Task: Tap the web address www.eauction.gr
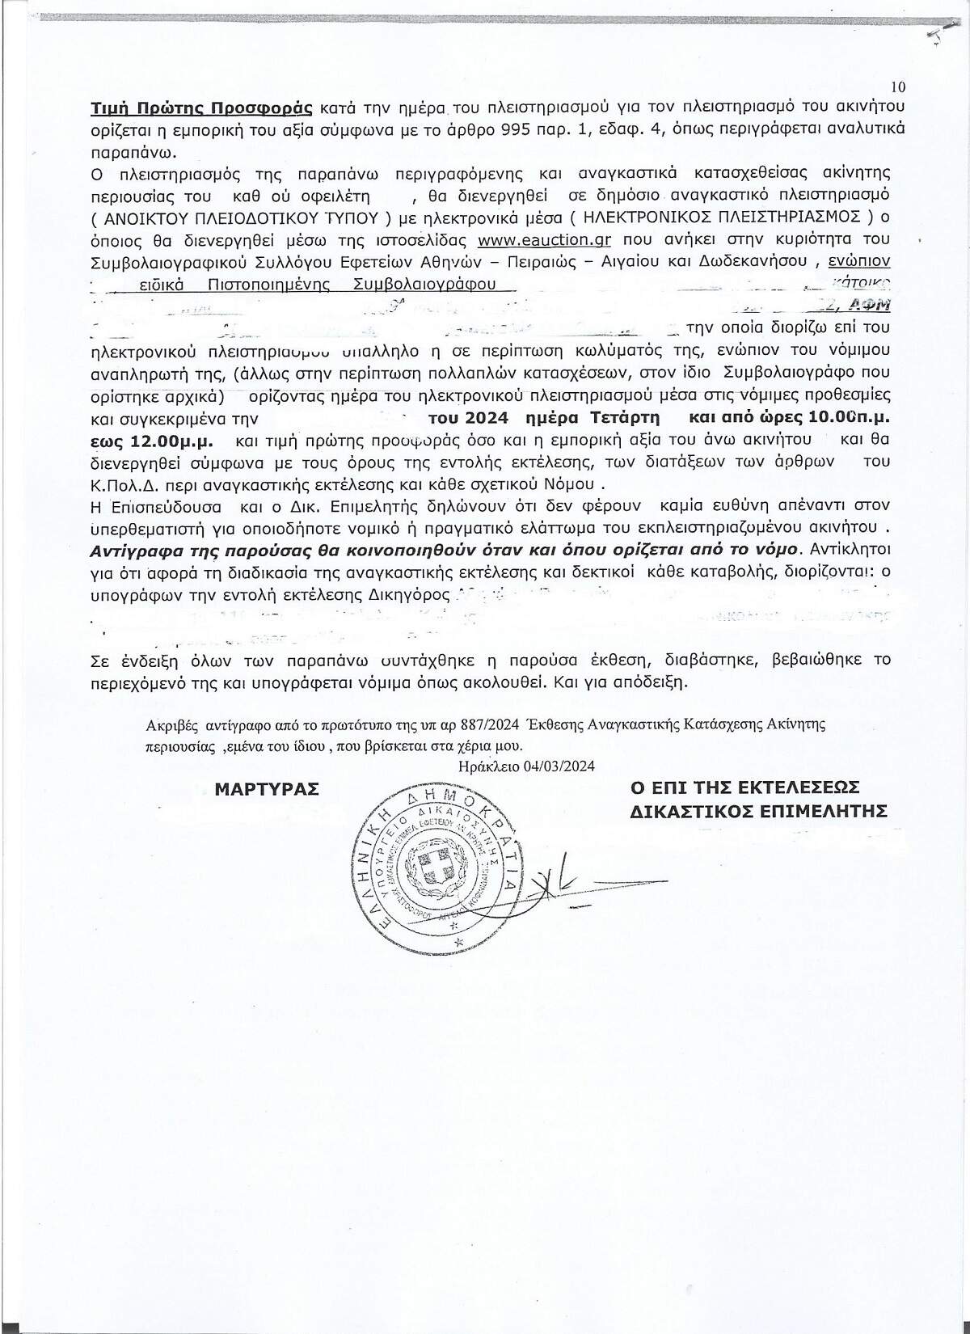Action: (544, 240)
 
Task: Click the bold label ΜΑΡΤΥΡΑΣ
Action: (266, 788)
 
